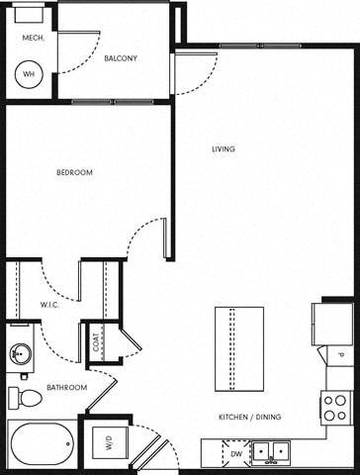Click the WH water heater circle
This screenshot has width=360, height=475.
(x=29, y=74)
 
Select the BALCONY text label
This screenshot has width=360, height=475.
(x=121, y=58)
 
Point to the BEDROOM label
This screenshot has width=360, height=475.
(x=73, y=173)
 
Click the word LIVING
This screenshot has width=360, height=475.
(x=224, y=149)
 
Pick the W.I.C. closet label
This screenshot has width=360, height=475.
(x=50, y=305)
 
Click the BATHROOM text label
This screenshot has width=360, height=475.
(x=67, y=387)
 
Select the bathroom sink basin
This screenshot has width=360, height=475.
(x=20, y=352)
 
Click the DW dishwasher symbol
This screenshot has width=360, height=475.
(x=234, y=454)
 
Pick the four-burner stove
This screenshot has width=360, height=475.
(x=335, y=407)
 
